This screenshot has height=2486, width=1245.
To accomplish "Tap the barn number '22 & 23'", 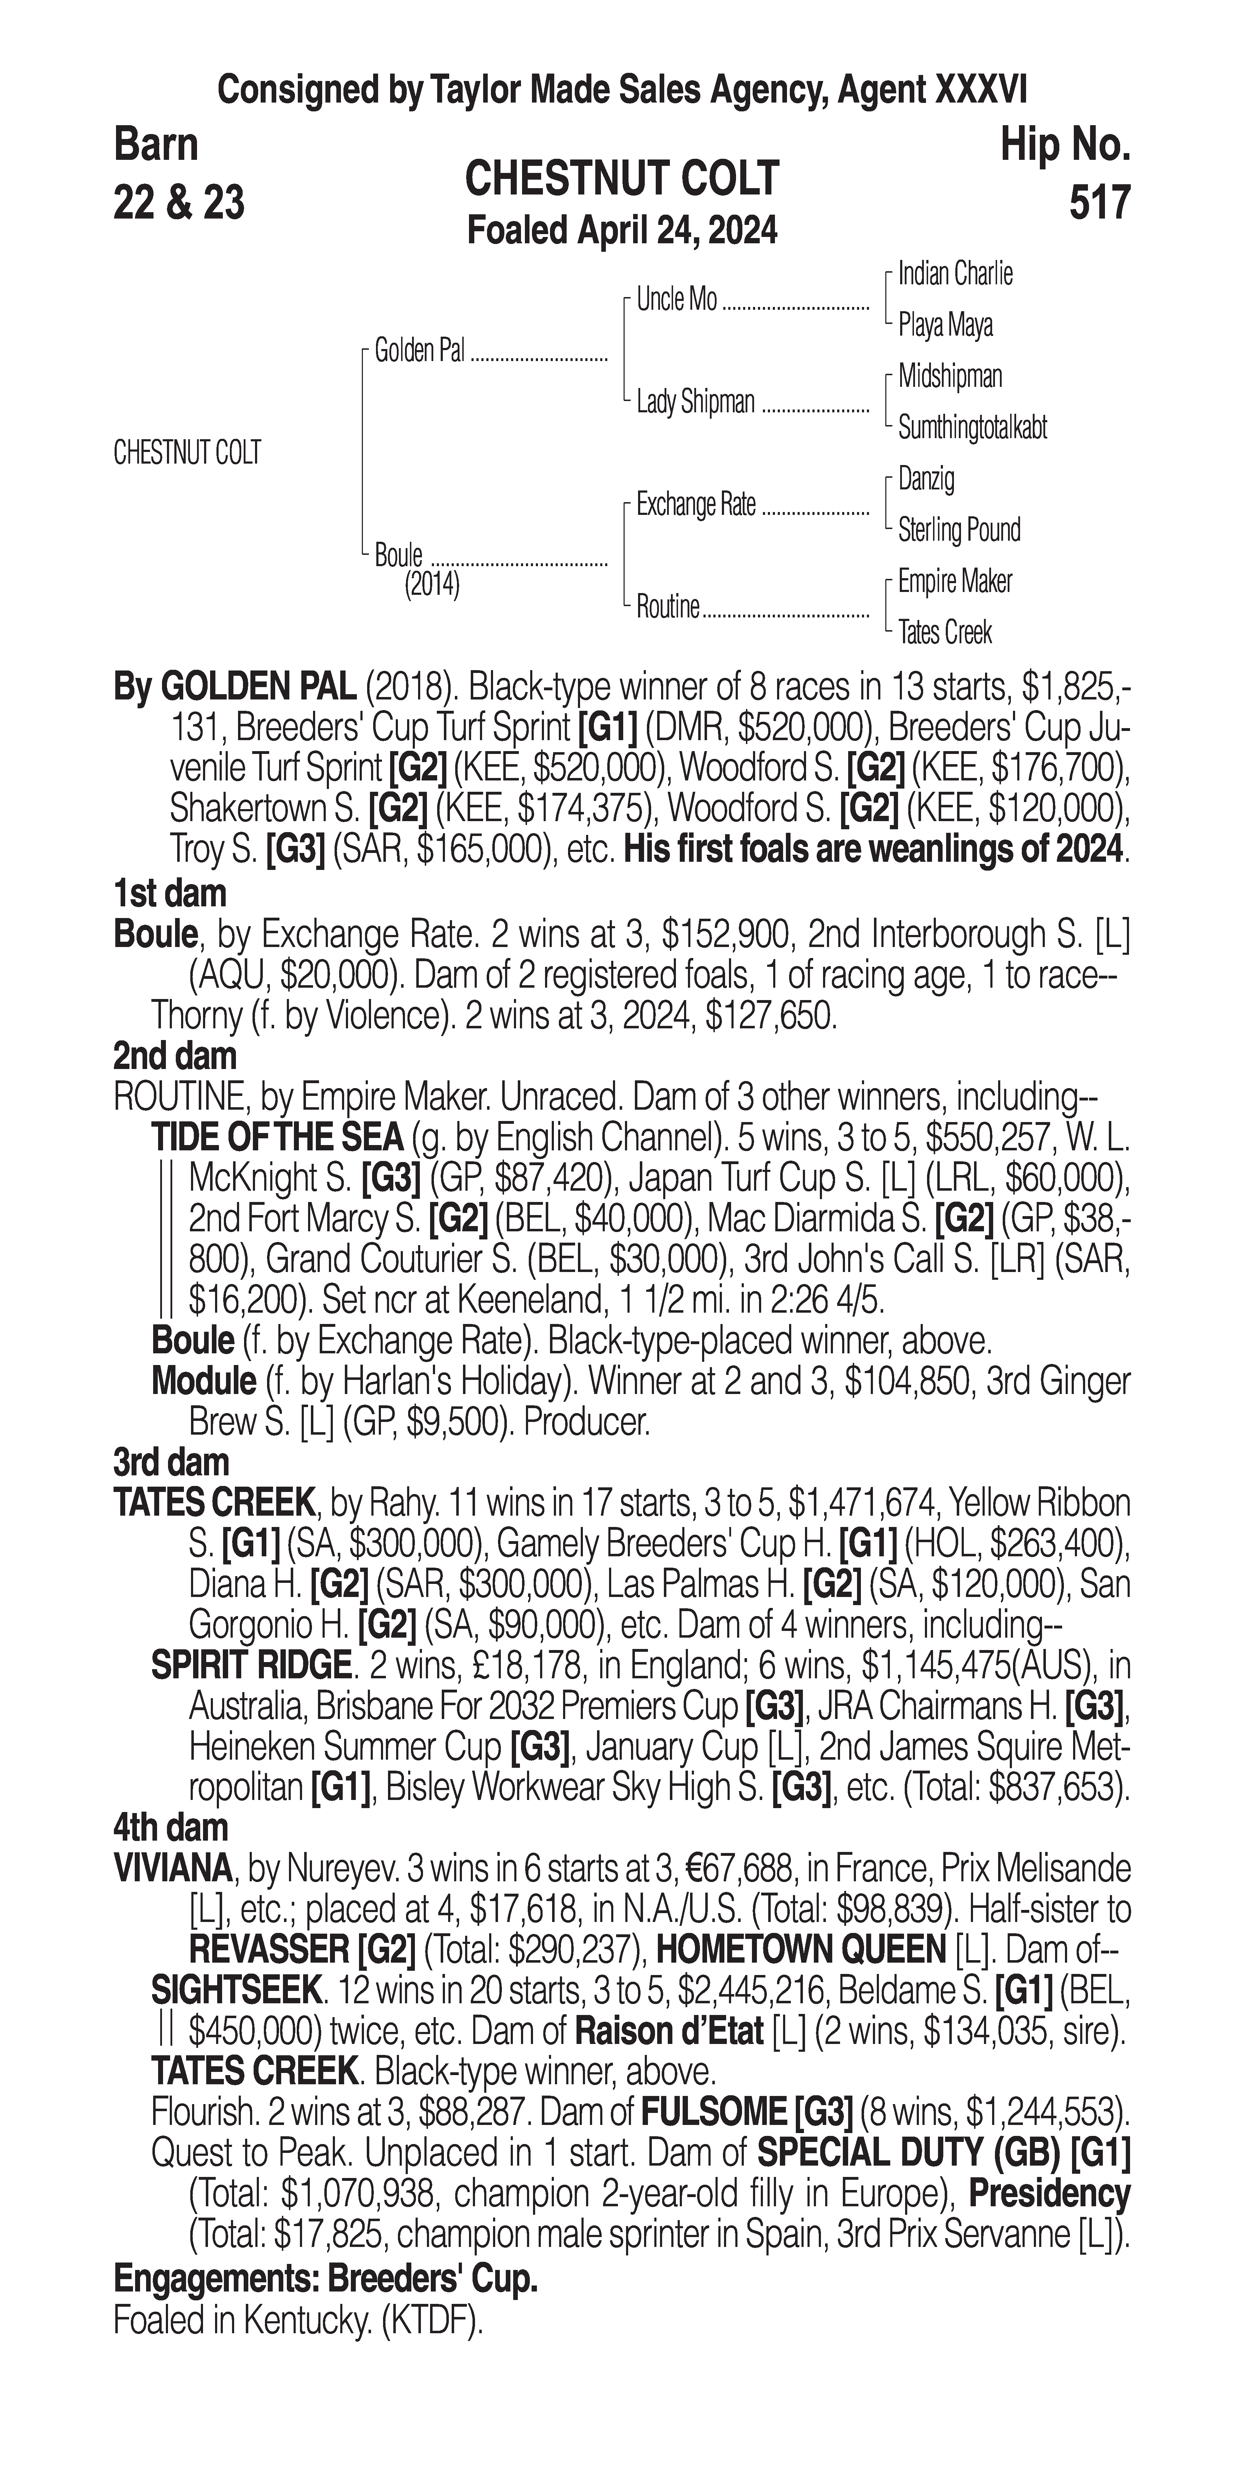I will [179, 203].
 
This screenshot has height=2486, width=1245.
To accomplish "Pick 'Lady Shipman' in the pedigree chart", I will [695, 401].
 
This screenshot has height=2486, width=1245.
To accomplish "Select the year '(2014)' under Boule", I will [432, 585].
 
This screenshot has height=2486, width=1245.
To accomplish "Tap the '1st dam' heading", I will [170, 894].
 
